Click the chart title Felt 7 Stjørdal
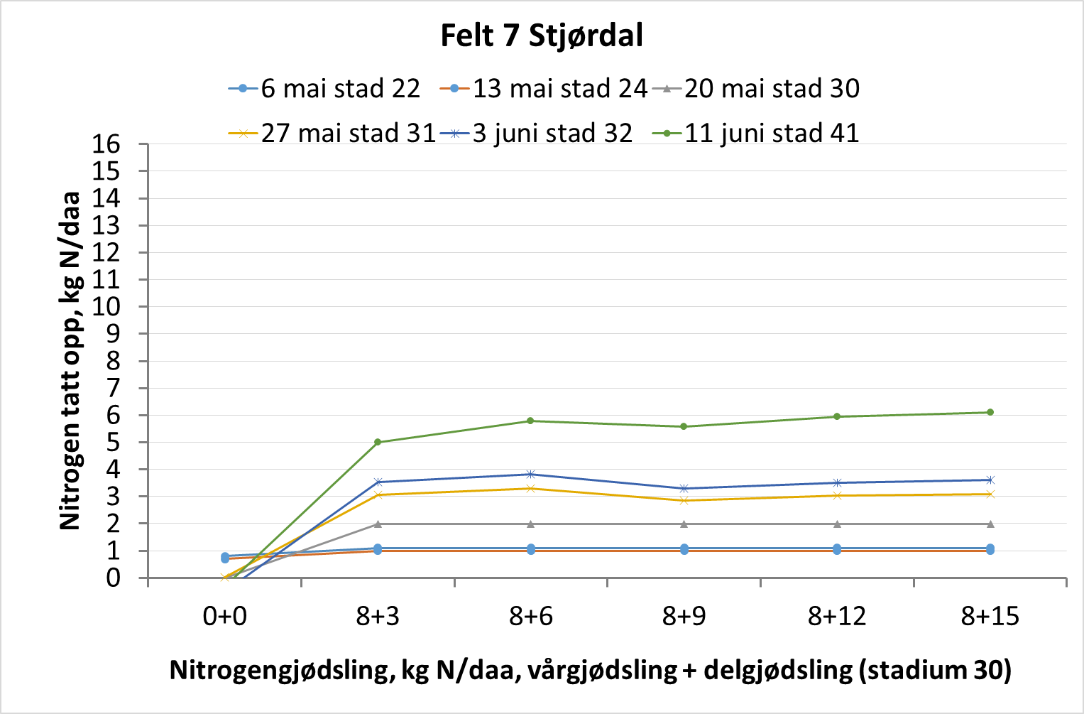[542, 36]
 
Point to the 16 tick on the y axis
[106, 144]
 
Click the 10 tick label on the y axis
[106, 307]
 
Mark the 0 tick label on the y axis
[114, 578]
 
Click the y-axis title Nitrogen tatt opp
[70, 360]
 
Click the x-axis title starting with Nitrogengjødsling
[590, 670]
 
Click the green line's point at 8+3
[378, 442]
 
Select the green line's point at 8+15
[990, 412]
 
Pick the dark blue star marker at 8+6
[530, 474]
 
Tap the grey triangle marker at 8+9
[684, 524]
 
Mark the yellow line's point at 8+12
[837, 495]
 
